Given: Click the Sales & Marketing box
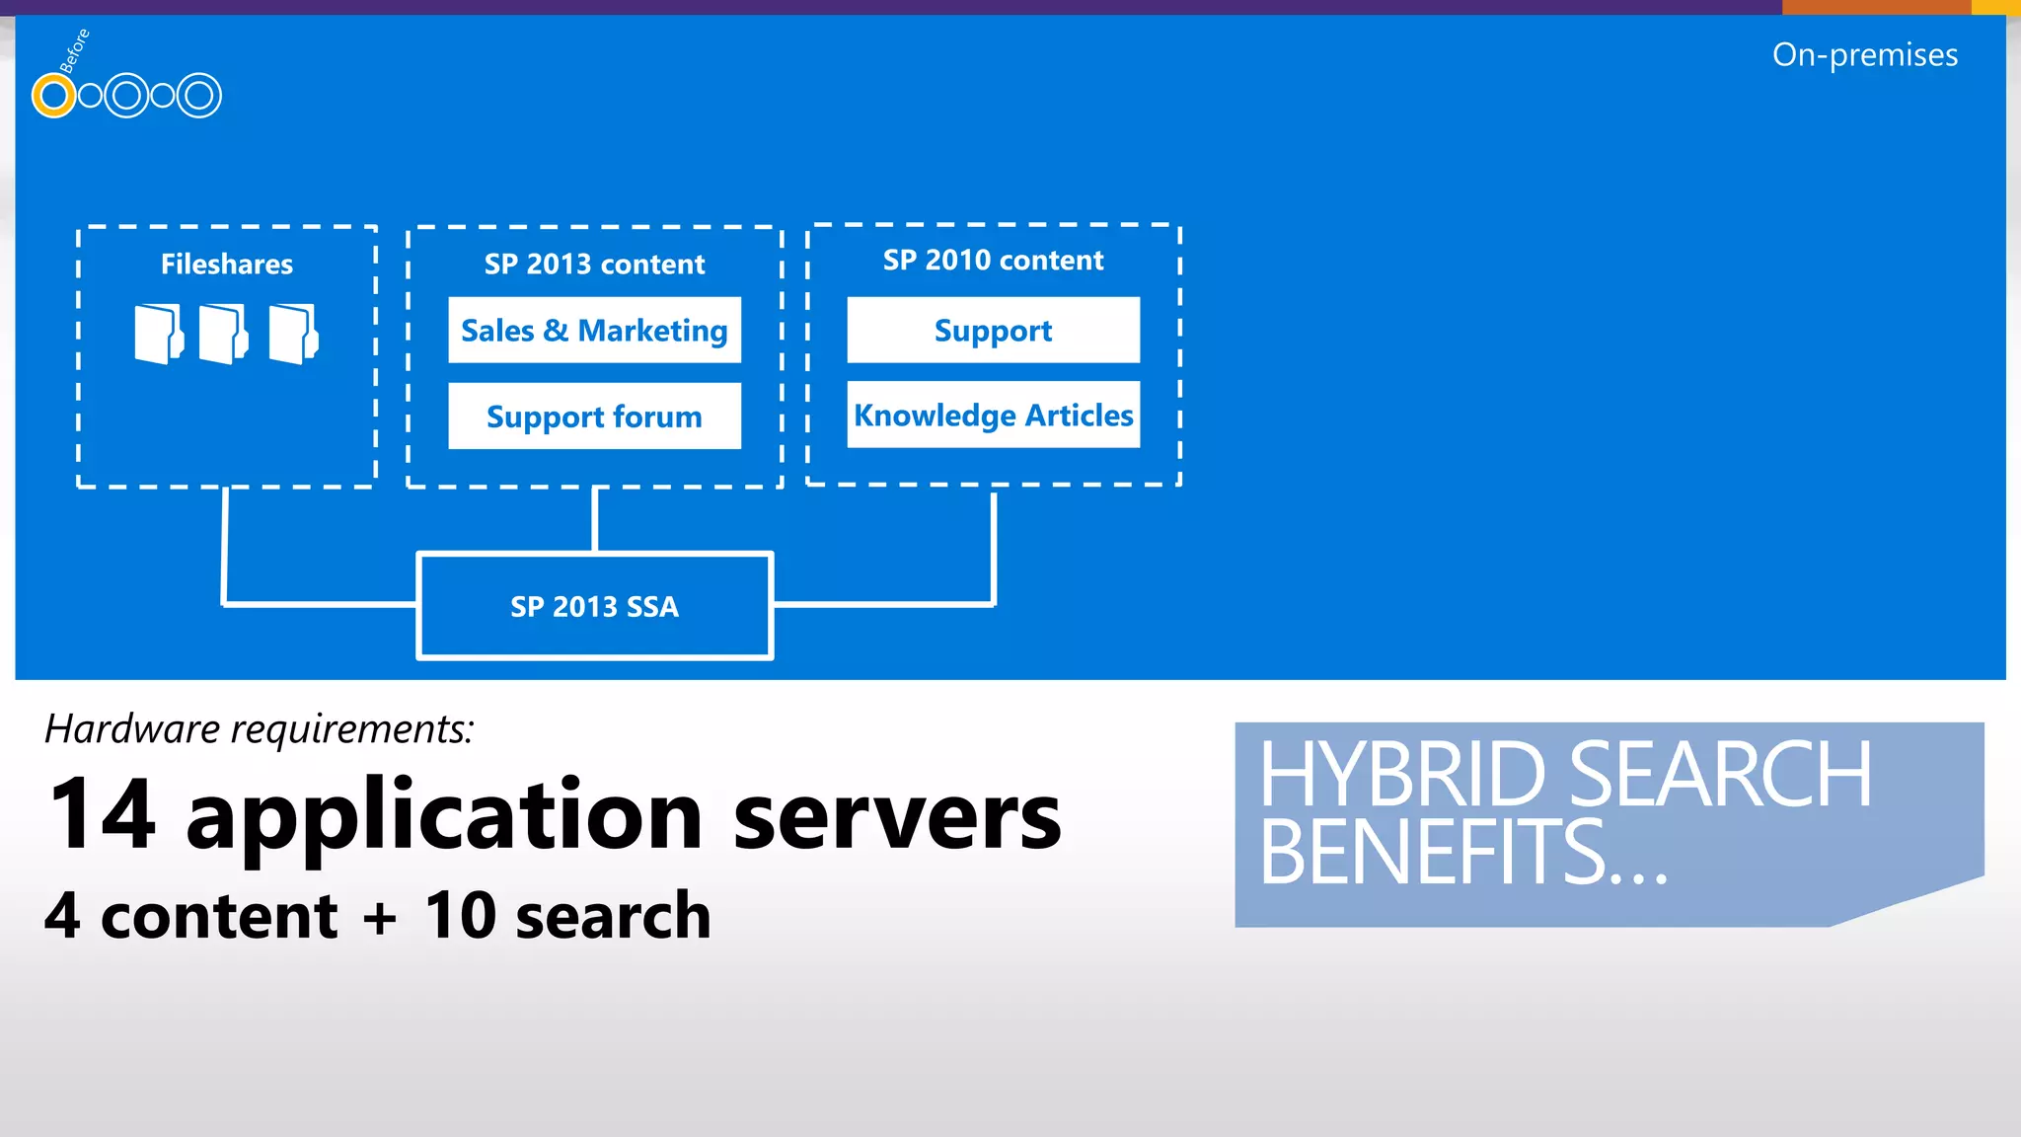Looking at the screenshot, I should pos(594,331).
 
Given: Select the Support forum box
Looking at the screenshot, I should pos(594,417).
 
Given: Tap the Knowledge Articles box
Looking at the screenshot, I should pos(993,416).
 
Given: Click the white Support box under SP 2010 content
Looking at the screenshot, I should pos(993,331).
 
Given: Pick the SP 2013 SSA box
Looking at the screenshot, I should pos(594,606).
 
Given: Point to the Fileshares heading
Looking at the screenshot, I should pos(227,265).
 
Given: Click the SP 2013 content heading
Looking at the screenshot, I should pos(594,265).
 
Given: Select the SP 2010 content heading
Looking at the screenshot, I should pos(993,261).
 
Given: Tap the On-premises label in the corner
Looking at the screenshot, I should pos(1864,55).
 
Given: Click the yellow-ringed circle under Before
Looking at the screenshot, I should pos(53,96).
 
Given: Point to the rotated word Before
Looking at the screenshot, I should pos(75,51).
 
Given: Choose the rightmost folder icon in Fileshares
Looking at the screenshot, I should pos(293,335).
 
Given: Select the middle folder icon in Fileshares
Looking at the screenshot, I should pos(223,335).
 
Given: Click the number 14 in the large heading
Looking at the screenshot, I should pos(103,814).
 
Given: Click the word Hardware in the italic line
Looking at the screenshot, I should pos(133,729).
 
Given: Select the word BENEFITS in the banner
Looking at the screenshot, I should pos(1431,852).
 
